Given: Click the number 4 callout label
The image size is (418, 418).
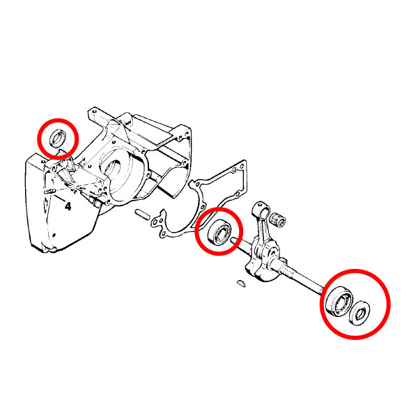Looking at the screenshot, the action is (x=68, y=206).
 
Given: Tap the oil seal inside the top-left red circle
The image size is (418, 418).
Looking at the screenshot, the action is (x=57, y=138).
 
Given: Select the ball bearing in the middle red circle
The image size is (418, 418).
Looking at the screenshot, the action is (x=219, y=231).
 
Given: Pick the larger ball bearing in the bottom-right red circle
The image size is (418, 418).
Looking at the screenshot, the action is (x=339, y=301).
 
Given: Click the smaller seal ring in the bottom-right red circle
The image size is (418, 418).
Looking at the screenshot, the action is (x=359, y=313).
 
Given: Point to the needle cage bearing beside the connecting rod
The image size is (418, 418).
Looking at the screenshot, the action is (x=278, y=219).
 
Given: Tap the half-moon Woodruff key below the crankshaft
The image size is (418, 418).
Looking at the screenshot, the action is (x=240, y=283).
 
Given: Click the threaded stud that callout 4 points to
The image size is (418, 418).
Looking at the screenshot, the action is (x=50, y=192).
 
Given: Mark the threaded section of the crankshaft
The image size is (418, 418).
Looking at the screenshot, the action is (x=288, y=271).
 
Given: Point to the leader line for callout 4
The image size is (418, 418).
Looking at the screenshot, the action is (x=60, y=199).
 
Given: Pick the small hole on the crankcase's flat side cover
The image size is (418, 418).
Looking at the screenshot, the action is (x=54, y=235).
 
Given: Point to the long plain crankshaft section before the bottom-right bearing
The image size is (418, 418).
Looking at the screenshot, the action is (x=309, y=283).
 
